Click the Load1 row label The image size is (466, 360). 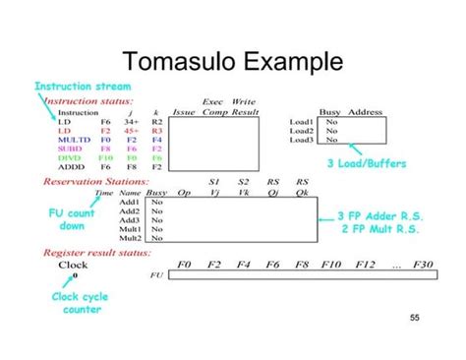pyautogui.click(x=301, y=121)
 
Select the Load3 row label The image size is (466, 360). pyautogui.click(x=301, y=140)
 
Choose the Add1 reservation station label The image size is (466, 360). pyautogui.click(x=129, y=202)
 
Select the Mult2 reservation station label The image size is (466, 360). pyautogui.click(x=130, y=238)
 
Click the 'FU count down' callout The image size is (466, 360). pyautogui.click(x=72, y=218)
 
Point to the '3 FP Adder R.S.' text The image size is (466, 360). pyautogui.click(x=375, y=214)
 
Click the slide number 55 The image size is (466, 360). pyautogui.click(x=414, y=317)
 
